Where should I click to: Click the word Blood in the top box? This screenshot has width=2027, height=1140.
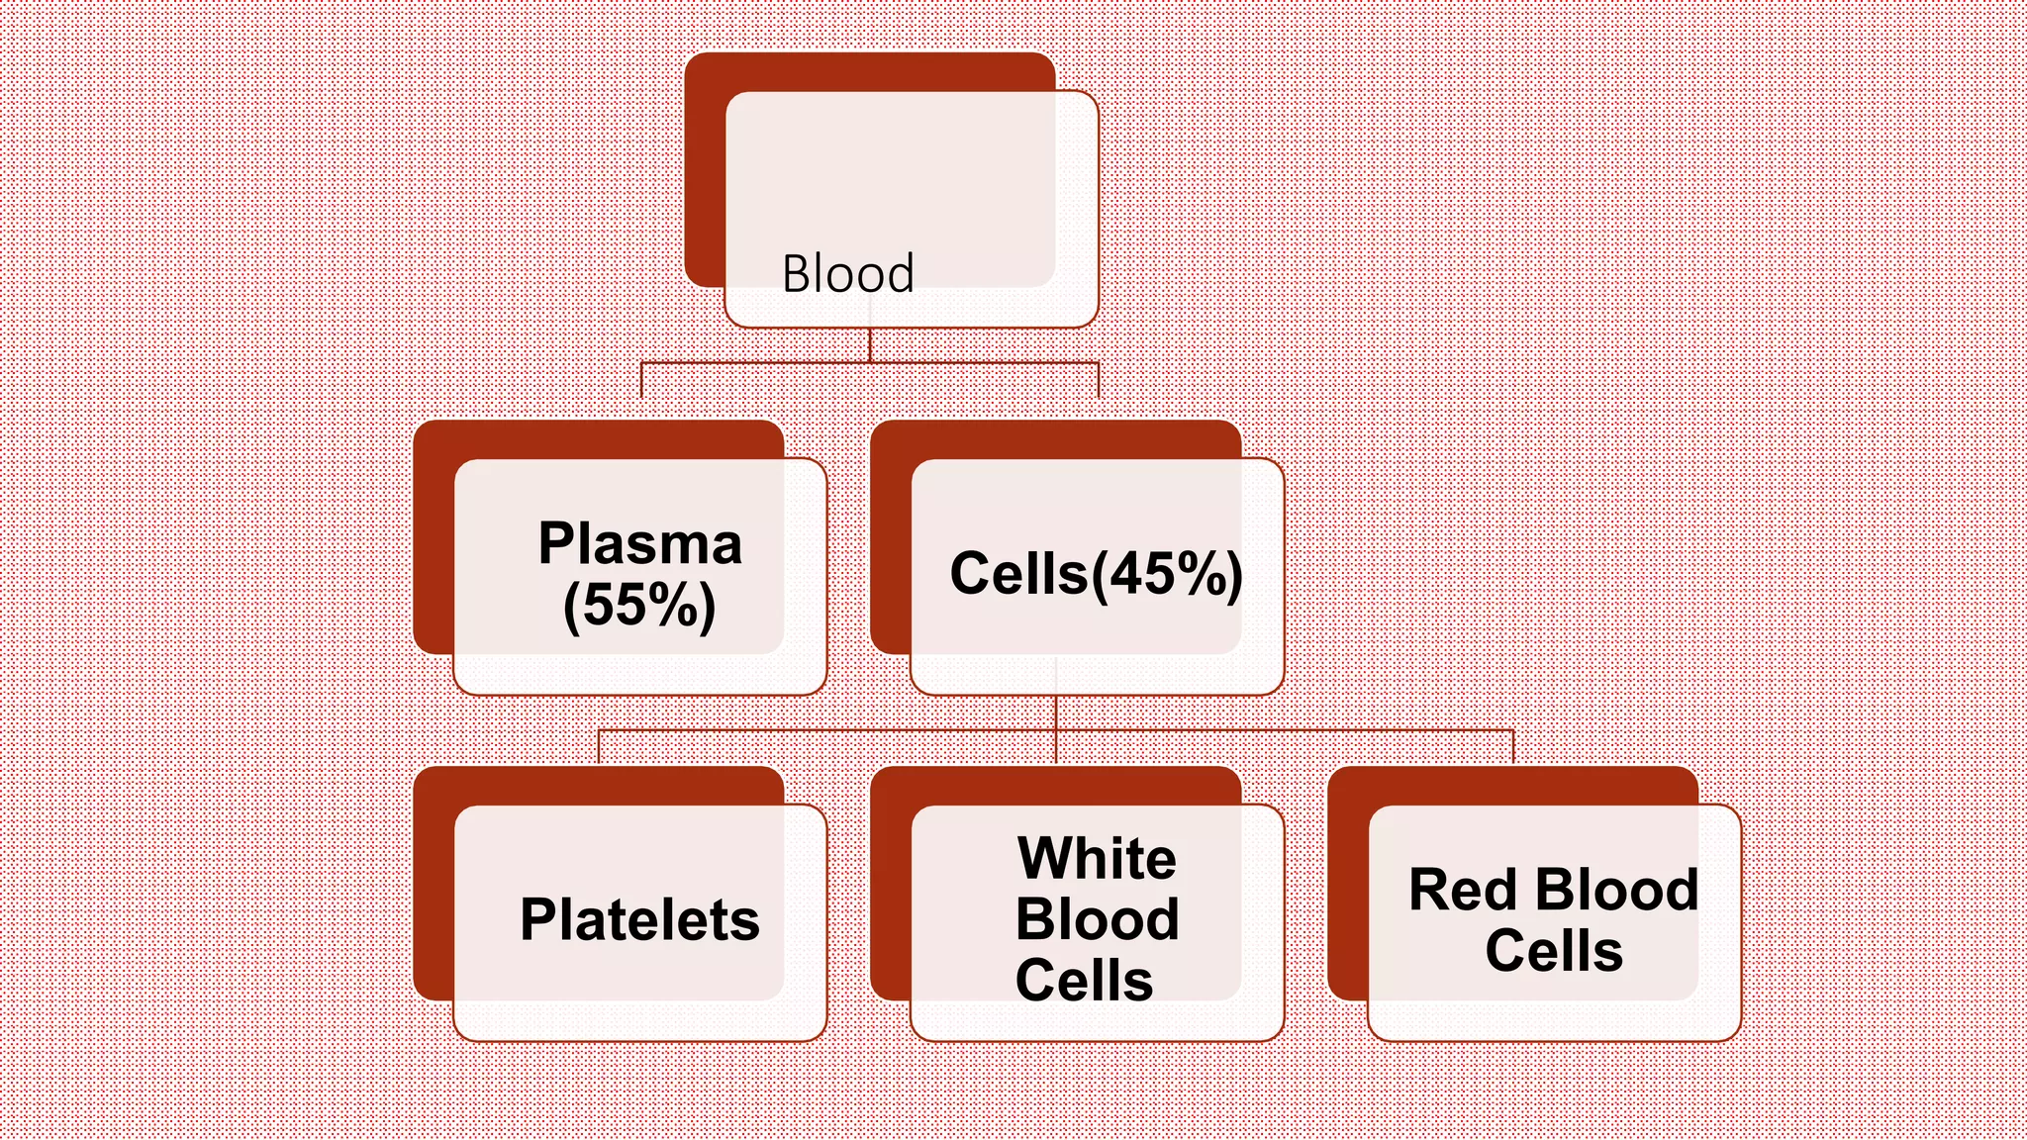(847, 273)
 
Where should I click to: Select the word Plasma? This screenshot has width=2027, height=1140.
(639, 543)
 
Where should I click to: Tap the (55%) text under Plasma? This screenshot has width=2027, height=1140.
(639, 605)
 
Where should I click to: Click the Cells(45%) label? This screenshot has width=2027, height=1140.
(1096, 574)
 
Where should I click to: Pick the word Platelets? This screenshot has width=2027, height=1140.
(639, 919)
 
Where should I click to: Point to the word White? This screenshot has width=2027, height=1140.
(1097, 858)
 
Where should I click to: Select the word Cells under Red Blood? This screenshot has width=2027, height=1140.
(1553, 951)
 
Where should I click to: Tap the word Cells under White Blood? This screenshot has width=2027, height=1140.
(1084, 981)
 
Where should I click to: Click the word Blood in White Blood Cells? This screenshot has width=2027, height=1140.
(1097, 919)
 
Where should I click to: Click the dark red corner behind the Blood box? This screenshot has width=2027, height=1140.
(705, 178)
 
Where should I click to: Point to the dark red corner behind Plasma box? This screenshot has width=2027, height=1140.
(434, 544)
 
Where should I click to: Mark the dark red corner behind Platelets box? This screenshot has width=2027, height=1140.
(434, 891)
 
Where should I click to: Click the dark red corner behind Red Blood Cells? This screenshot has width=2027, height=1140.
(1347, 891)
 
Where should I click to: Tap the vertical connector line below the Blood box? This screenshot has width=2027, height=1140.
(870, 345)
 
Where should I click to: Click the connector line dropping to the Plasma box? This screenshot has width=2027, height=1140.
(641, 380)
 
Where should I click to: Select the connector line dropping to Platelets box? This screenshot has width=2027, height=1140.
(599, 747)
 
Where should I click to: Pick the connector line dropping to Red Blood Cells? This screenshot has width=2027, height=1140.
(1513, 747)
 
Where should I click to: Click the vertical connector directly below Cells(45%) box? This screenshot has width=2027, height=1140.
(1056, 712)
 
